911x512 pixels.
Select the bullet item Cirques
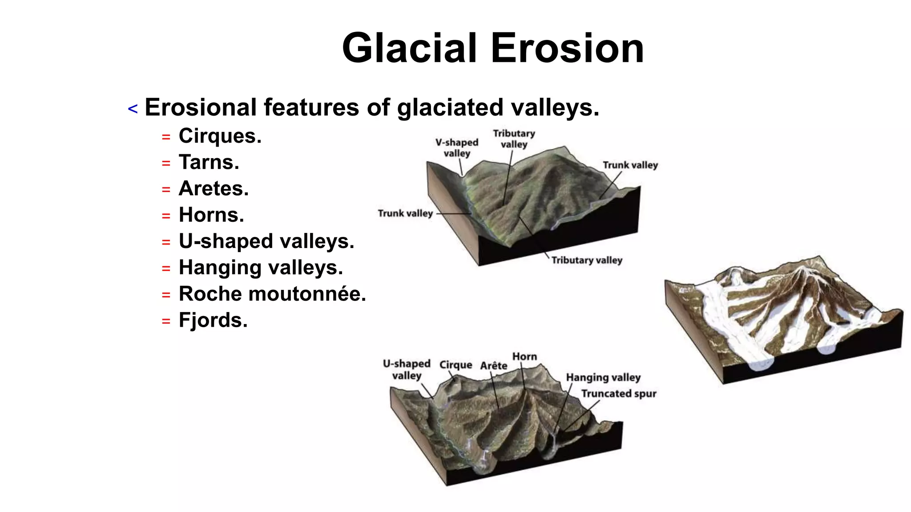tap(220, 136)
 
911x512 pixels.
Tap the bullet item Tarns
tap(209, 162)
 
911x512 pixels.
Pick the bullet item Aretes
tap(214, 188)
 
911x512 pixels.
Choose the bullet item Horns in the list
tap(211, 215)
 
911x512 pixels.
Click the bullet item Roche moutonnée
tap(272, 294)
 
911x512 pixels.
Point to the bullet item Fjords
tap(213, 320)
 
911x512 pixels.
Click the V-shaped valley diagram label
tap(457, 148)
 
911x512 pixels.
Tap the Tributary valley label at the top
tap(514, 139)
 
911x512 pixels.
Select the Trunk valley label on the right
tap(630, 165)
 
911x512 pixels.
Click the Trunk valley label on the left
tap(405, 213)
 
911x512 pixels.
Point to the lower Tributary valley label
tap(587, 260)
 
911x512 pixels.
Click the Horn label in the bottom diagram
tap(524, 356)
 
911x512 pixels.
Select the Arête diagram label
tap(493, 365)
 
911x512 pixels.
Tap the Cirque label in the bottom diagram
tap(455, 364)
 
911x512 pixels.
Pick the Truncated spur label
tap(618, 393)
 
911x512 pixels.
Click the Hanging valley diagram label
tap(603, 377)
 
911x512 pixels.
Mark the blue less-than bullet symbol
tap(133, 109)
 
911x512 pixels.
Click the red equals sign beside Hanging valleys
tap(166, 268)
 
